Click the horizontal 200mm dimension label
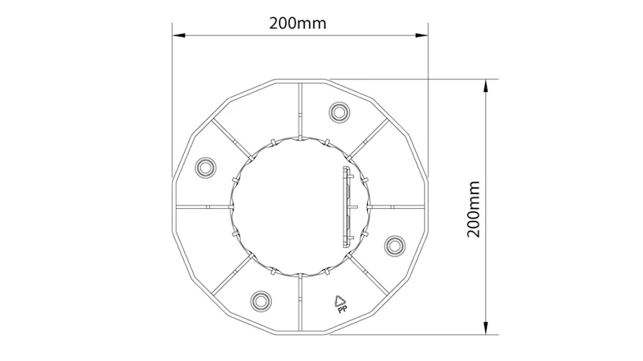[x=298, y=23]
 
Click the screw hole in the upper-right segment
[x=337, y=111]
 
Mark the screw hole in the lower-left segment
[x=260, y=300]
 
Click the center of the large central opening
[x=300, y=206]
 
